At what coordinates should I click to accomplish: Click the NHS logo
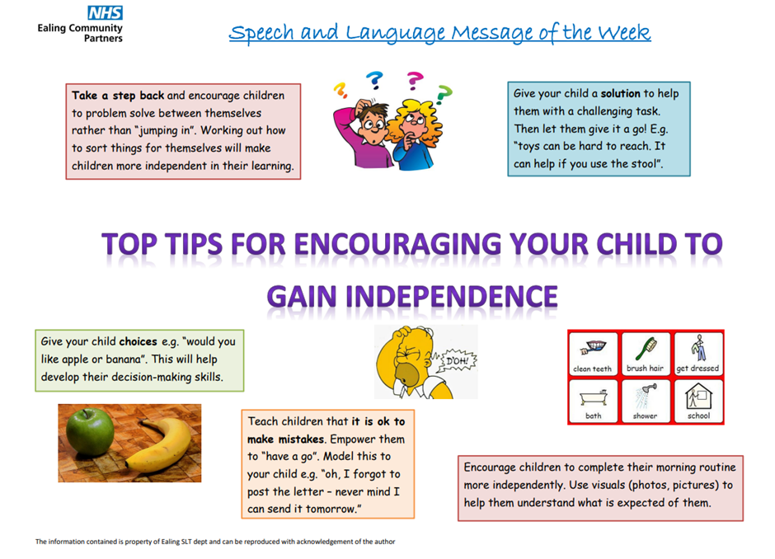coord(105,13)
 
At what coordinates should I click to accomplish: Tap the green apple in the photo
coord(91,432)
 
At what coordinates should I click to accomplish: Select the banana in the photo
coord(159,445)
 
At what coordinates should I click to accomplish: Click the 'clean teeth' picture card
coord(593,354)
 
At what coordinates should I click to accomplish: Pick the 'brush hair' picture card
coord(646,354)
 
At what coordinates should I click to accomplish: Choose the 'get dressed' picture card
coord(697,354)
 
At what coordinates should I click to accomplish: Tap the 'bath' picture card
coord(593,401)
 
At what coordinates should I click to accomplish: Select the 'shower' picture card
coord(646,401)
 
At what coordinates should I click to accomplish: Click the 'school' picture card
coord(697,401)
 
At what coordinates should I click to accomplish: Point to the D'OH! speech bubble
coord(458,361)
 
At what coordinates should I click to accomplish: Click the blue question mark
coord(374,80)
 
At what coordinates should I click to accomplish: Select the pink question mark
coord(415,81)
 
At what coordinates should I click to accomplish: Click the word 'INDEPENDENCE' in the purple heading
coord(451,297)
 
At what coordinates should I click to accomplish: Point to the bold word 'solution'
coord(620,93)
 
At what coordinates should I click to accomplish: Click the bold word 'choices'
coord(138,341)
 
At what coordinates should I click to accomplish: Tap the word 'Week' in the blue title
coord(624,33)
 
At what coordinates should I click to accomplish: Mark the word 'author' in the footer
coord(384,542)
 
